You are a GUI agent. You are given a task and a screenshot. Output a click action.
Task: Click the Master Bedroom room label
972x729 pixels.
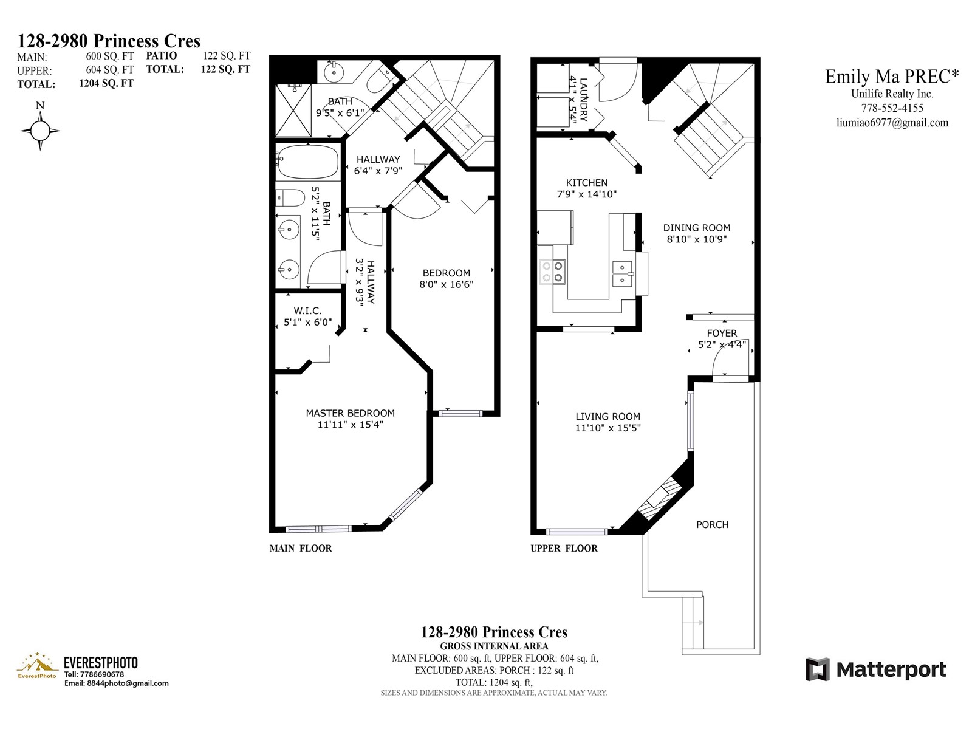[350, 413]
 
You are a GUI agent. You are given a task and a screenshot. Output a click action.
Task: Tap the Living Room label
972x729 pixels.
[607, 417]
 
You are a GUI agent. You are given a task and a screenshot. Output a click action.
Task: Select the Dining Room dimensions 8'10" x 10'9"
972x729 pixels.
[697, 239]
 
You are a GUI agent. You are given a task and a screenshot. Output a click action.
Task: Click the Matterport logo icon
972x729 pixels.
[817, 669]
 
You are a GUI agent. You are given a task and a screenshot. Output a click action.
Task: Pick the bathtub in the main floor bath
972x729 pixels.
[308, 162]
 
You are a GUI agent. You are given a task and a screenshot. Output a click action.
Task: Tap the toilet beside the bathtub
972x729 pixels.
[290, 198]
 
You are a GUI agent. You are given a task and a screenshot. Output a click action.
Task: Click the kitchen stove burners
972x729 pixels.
[553, 272]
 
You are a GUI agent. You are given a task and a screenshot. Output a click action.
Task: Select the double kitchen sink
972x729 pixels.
[622, 274]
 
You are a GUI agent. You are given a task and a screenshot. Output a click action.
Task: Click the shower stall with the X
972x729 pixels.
[293, 111]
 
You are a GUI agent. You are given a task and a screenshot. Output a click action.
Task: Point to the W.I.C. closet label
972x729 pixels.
[307, 311]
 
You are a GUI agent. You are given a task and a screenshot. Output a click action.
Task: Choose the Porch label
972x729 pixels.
[712, 524]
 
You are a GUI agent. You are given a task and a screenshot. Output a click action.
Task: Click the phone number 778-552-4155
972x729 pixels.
[892, 108]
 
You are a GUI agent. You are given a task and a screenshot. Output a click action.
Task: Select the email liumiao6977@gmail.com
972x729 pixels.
[892, 123]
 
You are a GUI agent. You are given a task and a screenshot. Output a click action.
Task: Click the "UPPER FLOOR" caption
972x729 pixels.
[564, 549]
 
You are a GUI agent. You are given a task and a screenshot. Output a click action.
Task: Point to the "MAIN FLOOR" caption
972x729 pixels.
[301, 549]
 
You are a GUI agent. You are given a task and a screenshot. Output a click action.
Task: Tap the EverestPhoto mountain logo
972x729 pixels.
[37, 665]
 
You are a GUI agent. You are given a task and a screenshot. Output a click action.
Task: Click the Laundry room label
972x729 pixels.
[584, 100]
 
